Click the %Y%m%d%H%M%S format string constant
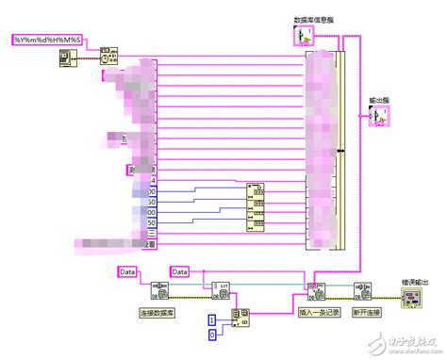point(47,39)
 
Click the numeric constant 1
point(212,320)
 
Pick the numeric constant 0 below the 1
point(212,335)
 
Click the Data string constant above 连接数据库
point(128,272)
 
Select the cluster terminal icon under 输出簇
point(381,116)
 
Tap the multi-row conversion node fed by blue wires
point(257,205)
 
